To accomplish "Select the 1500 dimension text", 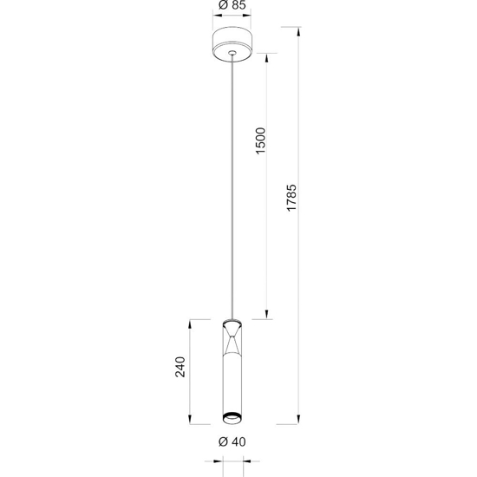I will pyautogui.click(x=259, y=142).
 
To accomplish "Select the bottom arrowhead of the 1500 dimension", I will pyautogui.click(x=268, y=315).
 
